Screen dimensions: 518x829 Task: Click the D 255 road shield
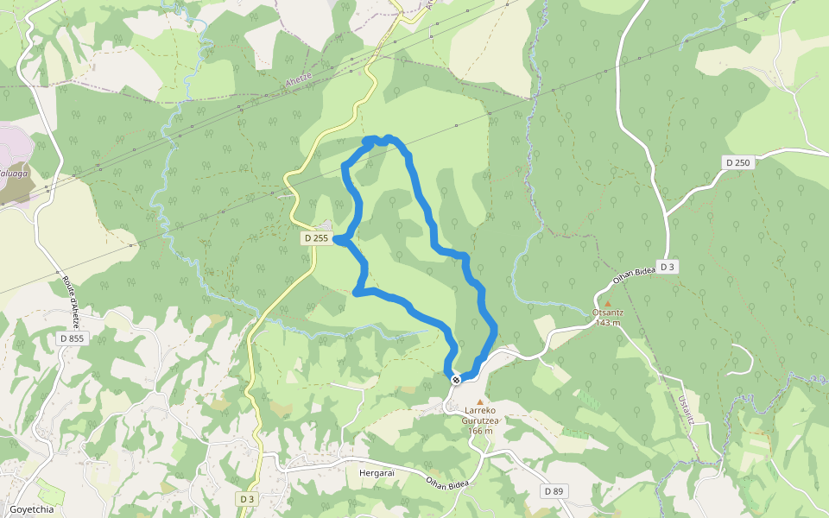[316, 238]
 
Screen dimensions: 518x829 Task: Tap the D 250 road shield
[738, 162]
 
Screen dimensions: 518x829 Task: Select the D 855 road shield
[72, 338]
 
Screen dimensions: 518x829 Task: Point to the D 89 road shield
[554, 491]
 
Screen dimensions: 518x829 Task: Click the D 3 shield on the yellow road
[247, 499]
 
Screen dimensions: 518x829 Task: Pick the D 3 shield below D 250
[667, 267]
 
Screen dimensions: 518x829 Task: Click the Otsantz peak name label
[608, 313]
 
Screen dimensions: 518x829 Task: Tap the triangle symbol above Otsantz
[608, 303]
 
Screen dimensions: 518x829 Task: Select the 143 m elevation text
[608, 323]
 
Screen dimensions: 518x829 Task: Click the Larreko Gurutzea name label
[481, 414]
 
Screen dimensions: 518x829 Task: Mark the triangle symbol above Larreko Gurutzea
[481, 401]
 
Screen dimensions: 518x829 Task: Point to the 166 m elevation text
[481, 431]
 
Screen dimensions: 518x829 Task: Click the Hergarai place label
[377, 473]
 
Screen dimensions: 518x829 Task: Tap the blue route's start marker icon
[456, 380]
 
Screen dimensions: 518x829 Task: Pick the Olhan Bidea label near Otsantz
[634, 276]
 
